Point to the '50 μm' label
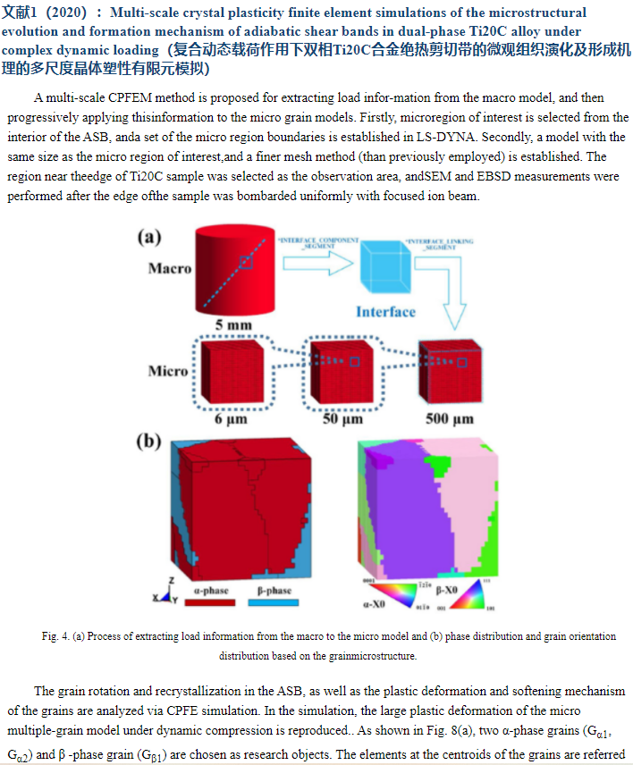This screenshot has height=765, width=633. [342, 417]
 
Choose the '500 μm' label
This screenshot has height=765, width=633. [450, 417]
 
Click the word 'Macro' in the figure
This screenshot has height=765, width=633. [170, 268]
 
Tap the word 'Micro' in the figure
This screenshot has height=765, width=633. [168, 370]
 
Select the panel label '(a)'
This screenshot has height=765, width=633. [148, 237]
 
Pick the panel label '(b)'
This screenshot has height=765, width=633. [148, 441]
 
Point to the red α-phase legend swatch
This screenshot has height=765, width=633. [210, 602]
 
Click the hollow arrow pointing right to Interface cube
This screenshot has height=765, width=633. [317, 263]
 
